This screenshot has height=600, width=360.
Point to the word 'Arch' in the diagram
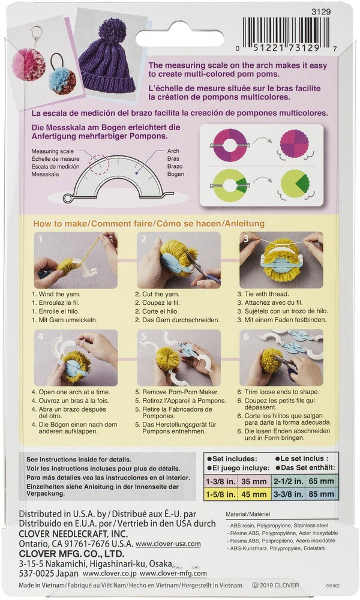coord(173,151)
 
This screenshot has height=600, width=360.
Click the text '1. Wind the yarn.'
coord(56,295)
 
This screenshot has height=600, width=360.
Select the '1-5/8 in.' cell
coord(220,496)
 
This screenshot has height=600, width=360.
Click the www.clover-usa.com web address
coord(168,544)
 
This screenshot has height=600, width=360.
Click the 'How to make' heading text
coord(60,223)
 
